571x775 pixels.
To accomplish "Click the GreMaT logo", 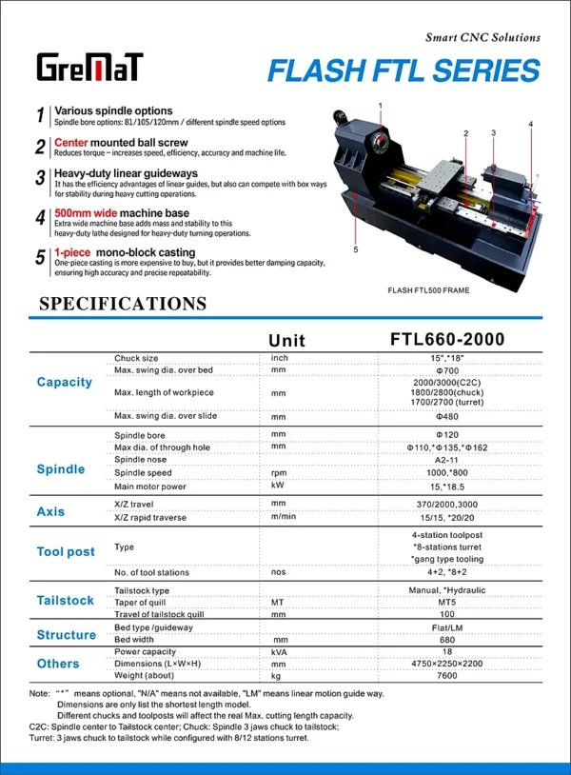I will click(90, 68).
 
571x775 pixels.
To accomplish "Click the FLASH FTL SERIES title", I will click(404, 70).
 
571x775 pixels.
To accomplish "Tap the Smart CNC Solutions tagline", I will click(482, 38).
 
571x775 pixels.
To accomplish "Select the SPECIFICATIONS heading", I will click(122, 304).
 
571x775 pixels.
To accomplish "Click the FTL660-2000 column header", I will click(447, 340).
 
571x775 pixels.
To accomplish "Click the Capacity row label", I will click(65, 382).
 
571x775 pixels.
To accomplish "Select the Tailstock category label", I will click(65, 601).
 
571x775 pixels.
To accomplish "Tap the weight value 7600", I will click(447, 675).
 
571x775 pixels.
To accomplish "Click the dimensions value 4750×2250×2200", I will click(447, 664).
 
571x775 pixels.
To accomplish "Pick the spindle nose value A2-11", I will click(447, 460).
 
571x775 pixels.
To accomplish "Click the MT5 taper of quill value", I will click(447, 602).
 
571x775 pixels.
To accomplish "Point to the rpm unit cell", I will click(279, 472).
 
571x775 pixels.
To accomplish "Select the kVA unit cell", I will click(279, 652).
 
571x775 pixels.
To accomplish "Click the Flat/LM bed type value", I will click(447, 628).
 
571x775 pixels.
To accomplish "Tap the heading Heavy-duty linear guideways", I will click(126, 173).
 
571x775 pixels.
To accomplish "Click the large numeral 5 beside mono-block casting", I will click(40, 258).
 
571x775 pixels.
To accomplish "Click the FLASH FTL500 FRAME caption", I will click(428, 289).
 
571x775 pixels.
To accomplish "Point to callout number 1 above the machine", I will click(380, 105).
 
